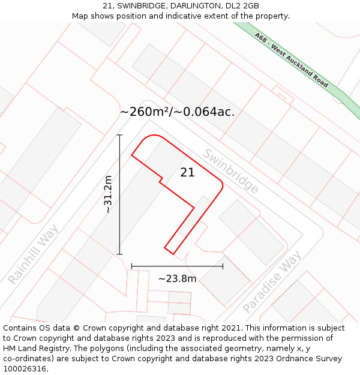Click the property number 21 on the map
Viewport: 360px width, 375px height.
187,173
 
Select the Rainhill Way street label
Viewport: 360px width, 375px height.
34,254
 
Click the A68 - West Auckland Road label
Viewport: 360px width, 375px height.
292,60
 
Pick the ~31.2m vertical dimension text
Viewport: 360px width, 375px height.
108,194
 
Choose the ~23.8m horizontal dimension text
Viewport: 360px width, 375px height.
177,278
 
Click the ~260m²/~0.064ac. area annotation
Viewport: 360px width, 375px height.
177,112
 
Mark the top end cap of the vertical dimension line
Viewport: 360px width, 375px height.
119,135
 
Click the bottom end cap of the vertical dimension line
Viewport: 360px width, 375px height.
119,254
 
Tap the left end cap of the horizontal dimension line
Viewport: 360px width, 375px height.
131,266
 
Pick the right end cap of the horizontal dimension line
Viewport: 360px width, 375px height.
223,266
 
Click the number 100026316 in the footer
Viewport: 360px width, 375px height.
25,369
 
